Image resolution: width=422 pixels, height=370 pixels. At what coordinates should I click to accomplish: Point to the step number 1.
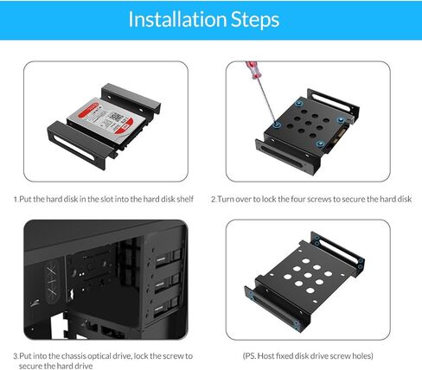16,199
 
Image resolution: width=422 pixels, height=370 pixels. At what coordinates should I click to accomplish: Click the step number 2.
214,199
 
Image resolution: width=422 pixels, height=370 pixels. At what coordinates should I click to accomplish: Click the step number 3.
16,355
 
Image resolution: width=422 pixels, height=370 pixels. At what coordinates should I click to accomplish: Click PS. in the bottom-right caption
253,355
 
